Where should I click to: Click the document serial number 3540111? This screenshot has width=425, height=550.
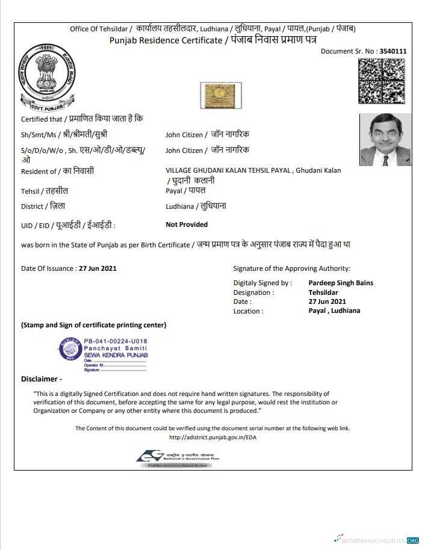pyautogui.click(x=393, y=51)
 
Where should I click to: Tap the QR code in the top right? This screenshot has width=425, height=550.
pyautogui.click(x=382, y=81)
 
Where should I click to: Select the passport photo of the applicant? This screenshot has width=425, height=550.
pyautogui.click(x=385, y=140)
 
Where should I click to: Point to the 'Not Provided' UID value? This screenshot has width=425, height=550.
pyautogui.click(x=187, y=224)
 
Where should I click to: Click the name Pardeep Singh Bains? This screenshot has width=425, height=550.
pyautogui.click(x=341, y=283)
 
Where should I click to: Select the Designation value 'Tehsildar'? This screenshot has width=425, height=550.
pyautogui.click(x=323, y=292)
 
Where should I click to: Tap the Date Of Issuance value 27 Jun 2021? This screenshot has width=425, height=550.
pyautogui.click(x=98, y=268)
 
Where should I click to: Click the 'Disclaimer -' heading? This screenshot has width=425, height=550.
pyautogui.click(x=42, y=379)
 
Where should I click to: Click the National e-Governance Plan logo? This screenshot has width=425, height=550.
pyautogui.click(x=178, y=459)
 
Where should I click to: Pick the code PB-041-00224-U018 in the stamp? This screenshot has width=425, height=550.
pyautogui.click(x=115, y=341)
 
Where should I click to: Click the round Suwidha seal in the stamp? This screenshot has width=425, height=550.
pyautogui.click(x=70, y=348)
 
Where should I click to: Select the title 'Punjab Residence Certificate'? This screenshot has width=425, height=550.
pyautogui.click(x=166, y=40)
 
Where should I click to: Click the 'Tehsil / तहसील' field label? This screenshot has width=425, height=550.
pyautogui.click(x=45, y=191)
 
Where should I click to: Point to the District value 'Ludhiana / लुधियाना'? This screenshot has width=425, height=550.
pyautogui.click(x=196, y=206)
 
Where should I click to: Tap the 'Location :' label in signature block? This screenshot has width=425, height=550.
pyautogui.click(x=248, y=311)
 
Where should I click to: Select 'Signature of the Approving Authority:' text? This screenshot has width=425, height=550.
pyautogui.click(x=291, y=268)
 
